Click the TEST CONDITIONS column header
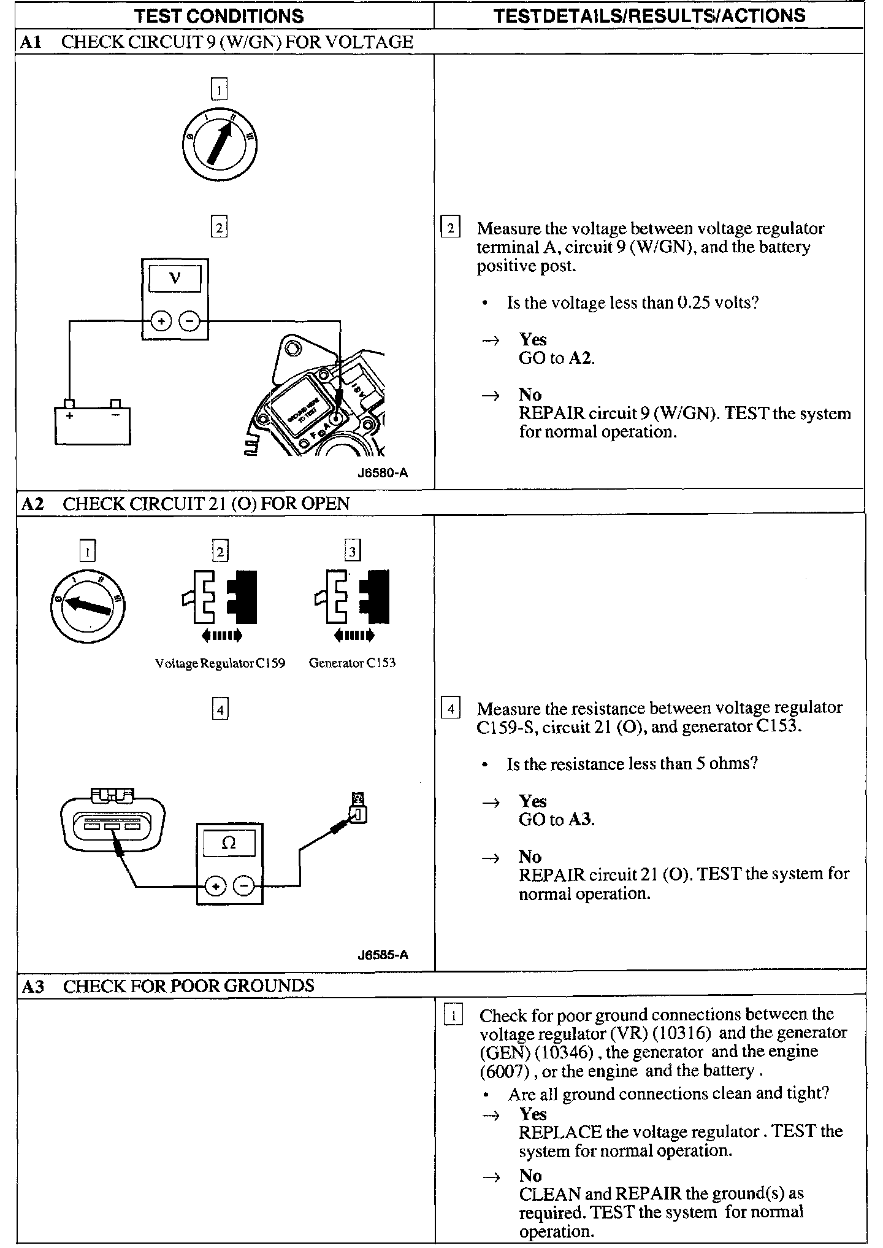[218, 15]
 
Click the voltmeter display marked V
[175, 278]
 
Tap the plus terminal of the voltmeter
[161, 321]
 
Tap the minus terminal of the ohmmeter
[245, 886]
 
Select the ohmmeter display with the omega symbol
[229, 843]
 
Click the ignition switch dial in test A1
[220, 145]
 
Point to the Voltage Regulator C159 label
[220, 663]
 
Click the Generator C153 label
[352, 663]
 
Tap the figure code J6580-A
[383, 473]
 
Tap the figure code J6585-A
[383, 955]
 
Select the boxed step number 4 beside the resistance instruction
[451, 709]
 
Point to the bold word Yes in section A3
[532, 1113]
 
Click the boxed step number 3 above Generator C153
[352, 552]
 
